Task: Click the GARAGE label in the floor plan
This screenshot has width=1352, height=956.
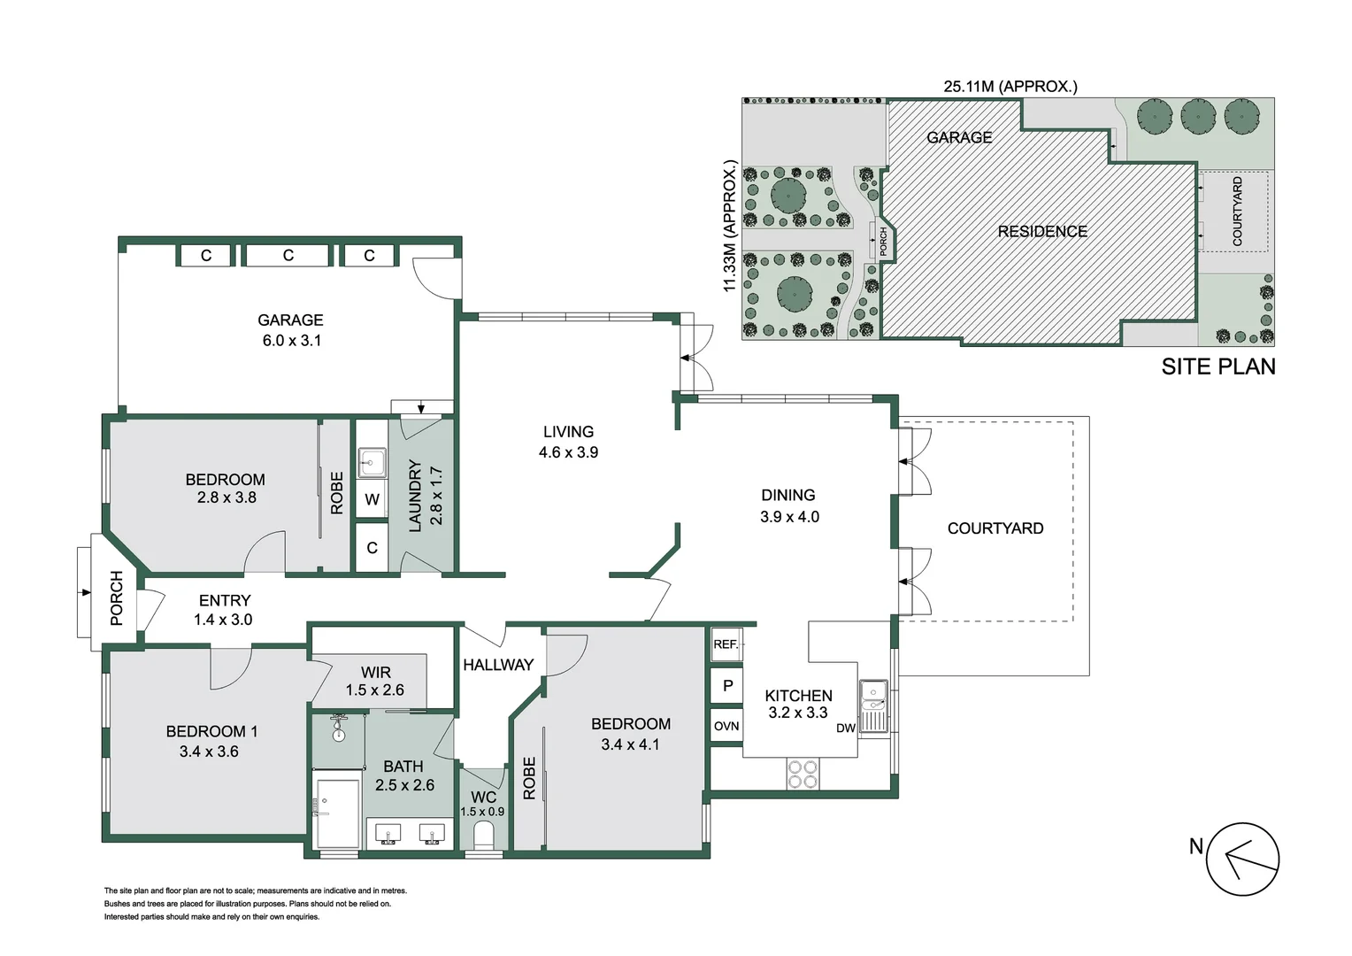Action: tap(290, 320)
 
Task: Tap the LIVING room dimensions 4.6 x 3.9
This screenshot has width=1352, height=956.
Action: tap(568, 452)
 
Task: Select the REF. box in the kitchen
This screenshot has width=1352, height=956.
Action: tap(726, 644)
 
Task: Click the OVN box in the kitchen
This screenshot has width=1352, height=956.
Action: tap(726, 727)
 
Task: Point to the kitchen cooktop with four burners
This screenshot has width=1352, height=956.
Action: tap(803, 775)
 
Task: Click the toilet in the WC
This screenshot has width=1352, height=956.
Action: tap(483, 835)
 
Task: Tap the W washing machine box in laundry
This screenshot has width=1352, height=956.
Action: tap(372, 499)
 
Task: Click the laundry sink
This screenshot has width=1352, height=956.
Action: tap(372, 462)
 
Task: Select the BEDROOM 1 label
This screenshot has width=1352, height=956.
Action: tap(211, 731)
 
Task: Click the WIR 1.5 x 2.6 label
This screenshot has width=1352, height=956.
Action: tap(375, 682)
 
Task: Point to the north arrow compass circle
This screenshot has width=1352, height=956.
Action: tap(1243, 859)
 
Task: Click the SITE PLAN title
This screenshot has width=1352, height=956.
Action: tap(1218, 366)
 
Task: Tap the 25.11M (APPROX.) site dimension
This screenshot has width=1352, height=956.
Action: tap(1010, 87)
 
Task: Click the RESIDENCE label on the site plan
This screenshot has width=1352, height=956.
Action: tap(1042, 232)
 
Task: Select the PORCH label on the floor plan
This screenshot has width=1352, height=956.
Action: tap(117, 598)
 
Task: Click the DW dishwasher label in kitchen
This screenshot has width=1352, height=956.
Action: tap(846, 729)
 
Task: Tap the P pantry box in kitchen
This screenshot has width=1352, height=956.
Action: tap(727, 686)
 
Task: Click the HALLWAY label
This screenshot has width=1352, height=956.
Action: tap(498, 665)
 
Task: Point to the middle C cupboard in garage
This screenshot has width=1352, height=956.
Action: tap(288, 256)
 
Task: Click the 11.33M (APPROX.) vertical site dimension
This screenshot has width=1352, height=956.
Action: tap(730, 227)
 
